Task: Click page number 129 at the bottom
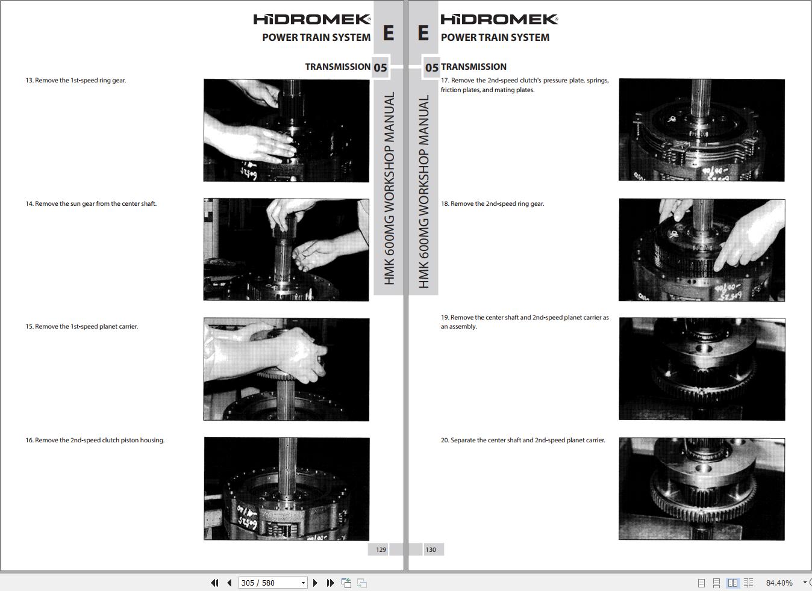pyautogui.click(x=381, y=549)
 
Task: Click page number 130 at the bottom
pyautogui.click(x=431, y=549)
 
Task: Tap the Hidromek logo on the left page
pyautogui.click(x=312, y=19)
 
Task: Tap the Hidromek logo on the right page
pyautogui.click(x=499, y=19)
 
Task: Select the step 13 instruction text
pyautogui.click(x=76, y=81)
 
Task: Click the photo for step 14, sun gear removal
pyautogui.click(x=286, y=250)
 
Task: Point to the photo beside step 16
pyautogui.click(x=287, y=489)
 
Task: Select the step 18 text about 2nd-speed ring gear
pyautogui.click(x=492, y=203)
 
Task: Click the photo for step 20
pyautogui.click(x=702, y=489)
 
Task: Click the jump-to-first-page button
pyautogui.click(x=214, y=583)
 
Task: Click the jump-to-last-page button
pyautogui.click(x=330, y=583)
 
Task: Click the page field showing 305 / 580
pyautogui.click(x=273, y=583)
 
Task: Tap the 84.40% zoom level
pyautogui.click(x=779, y=583)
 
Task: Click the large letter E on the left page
pyautogui.click(x=389, y=33)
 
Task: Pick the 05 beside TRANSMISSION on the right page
pyautogui.click(x=431, y=68)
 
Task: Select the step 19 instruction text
pyautogui.click(x=525, y=322)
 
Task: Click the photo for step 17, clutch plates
pyautogui.click(x=702, y=129)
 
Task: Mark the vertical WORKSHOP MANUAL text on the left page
pyautogui.click(x=389, y=188)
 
